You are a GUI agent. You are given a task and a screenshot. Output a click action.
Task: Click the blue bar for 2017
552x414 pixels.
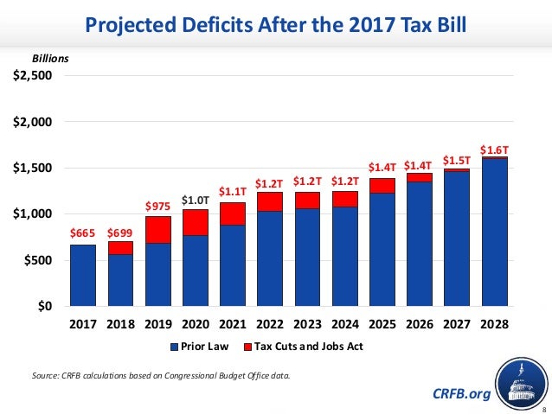(x=83, y=275)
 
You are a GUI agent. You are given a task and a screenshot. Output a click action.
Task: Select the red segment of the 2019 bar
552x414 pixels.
(x=158, y=229)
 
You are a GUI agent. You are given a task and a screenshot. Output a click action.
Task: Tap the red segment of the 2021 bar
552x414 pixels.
(x=233, y=213)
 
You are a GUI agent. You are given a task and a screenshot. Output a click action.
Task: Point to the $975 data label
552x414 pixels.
(x=158, y=206)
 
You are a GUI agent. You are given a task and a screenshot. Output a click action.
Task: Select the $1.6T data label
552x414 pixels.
(x=495, y=150)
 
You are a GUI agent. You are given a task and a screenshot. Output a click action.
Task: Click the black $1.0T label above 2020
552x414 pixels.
(x=196, y=199)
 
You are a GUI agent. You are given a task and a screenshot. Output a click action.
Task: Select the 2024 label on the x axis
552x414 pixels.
(x=345, y=325)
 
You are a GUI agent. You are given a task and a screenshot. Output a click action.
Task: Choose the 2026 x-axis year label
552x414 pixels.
(x=420, y=325)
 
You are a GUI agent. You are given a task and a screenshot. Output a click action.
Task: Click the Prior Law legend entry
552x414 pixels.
(x=204, y=347)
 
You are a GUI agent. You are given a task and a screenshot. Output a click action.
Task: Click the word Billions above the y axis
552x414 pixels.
(x=50, y=58)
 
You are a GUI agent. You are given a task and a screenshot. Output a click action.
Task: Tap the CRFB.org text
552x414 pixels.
(x=461, y=394)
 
